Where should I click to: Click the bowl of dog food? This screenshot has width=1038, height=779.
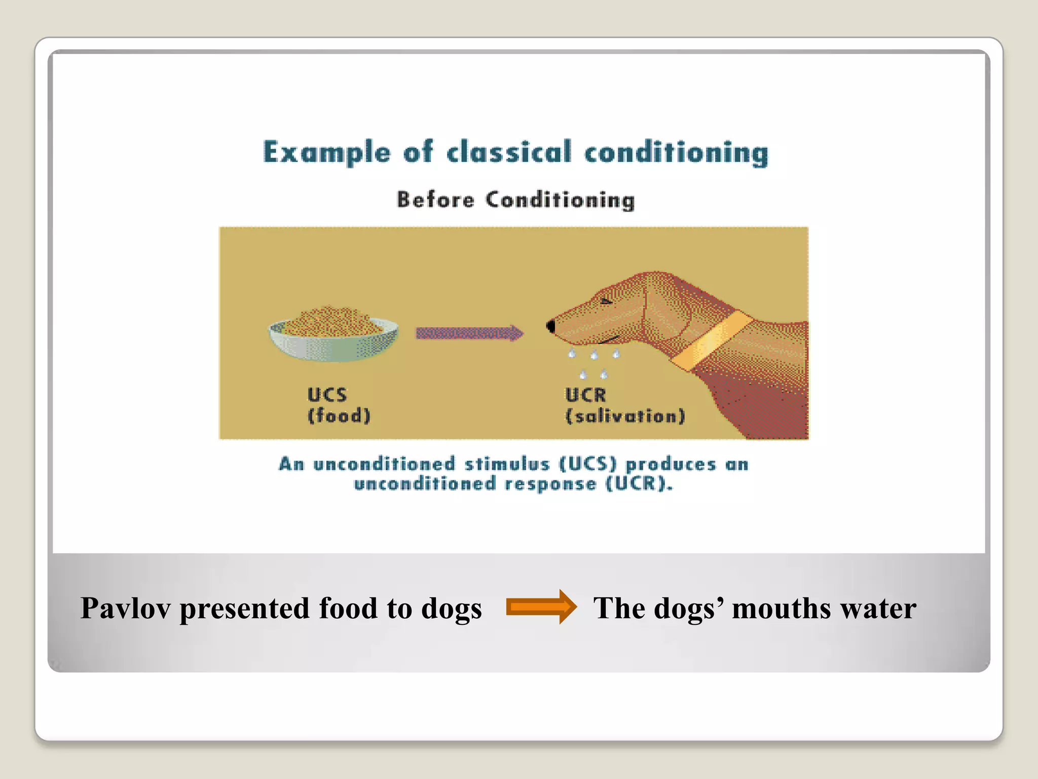pos(333,335)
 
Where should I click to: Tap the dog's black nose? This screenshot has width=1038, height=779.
pos(551,326)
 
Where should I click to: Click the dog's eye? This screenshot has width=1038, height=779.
pos(606,301)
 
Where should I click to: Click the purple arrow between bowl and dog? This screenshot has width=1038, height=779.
pos(469,333)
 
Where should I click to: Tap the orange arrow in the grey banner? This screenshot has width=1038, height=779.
pos(541,607)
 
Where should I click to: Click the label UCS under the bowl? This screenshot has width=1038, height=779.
pos(327,395)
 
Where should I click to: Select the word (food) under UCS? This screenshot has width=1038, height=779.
pos(339,416)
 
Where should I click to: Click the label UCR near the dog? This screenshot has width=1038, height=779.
pos(585,395)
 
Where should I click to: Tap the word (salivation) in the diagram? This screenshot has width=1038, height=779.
pos(625,416)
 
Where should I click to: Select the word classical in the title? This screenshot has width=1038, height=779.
pos(509,152)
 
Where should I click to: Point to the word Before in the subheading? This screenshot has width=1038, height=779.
pos(435,200)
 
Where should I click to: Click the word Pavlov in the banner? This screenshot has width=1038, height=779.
pos(125,608)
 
